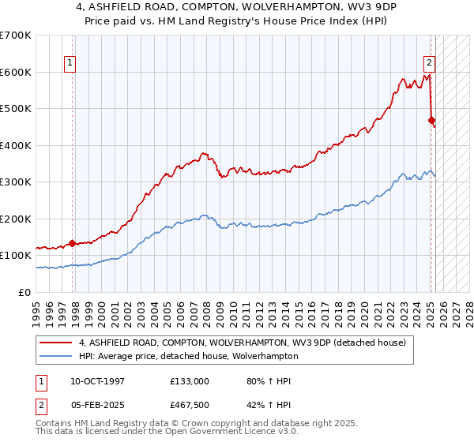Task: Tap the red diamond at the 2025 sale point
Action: [431, 121]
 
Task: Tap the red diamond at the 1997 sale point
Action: [73, 243]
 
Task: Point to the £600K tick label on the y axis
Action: [17, 72]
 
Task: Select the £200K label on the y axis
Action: [17, 219]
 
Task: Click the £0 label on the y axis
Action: [25, 292]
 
